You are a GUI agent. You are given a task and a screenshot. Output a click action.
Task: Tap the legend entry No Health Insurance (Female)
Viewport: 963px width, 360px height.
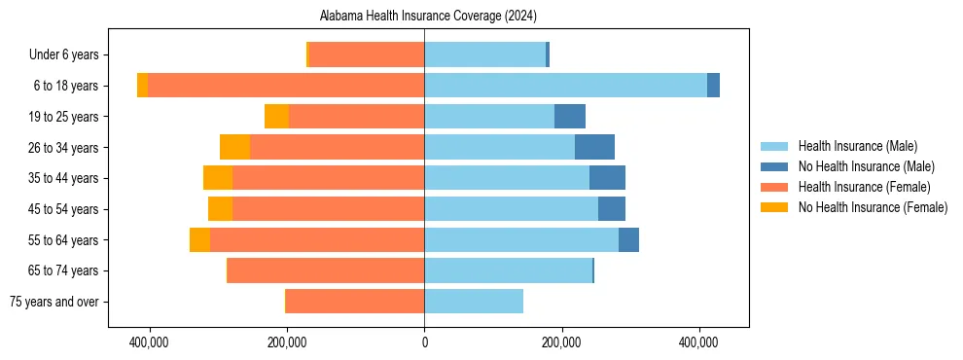point(873,207)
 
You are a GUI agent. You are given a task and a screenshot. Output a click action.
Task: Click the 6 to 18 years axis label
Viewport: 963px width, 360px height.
point(66,86)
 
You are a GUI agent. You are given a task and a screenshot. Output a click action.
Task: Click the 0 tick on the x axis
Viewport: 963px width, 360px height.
point(424,343)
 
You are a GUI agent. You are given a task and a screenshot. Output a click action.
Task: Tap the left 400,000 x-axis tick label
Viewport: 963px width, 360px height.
point(150,343)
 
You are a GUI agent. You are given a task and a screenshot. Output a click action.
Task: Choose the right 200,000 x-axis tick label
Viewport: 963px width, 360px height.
point(561,343)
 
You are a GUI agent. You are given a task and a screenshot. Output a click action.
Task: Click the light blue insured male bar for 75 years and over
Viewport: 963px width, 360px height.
point(474,302)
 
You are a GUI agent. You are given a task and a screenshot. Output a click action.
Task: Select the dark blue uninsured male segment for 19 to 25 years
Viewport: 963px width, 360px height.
point(570,117)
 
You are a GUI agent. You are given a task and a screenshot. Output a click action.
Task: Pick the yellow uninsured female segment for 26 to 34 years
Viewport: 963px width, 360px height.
point(234,147)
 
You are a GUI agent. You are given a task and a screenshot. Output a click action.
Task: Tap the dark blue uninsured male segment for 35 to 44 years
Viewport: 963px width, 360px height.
point(607,178)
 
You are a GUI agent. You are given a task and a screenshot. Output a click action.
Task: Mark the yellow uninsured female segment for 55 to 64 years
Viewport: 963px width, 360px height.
point(199,239)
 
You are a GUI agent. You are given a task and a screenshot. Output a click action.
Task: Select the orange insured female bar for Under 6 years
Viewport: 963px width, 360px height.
point(367,54)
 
